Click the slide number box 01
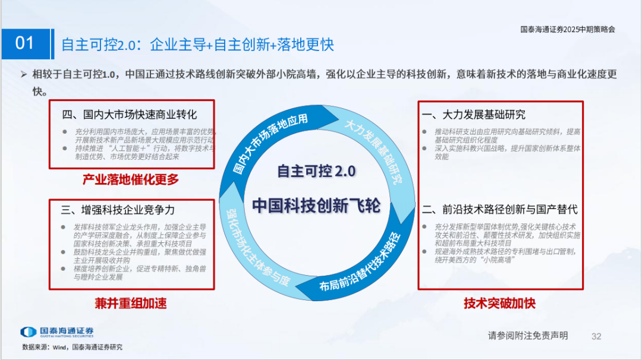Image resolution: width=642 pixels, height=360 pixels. [x=25, y=43]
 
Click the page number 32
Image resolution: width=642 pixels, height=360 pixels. [x=597, y=336]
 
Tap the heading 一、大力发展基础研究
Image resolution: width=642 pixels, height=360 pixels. [x=474, y=114]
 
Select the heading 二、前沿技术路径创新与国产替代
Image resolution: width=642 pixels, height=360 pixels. [x=499, y=209]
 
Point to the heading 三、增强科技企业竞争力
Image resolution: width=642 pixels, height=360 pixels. [x=118, y=210]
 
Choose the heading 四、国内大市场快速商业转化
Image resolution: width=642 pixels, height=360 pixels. [x=130, y=114]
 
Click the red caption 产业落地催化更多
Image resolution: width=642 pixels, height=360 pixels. [x=131, y=179]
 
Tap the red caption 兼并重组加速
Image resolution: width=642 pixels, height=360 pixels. [x=131, y=303]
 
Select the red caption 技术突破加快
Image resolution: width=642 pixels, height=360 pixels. [x=499, y=303]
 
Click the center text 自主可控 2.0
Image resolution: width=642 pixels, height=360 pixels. [x=316, y=171]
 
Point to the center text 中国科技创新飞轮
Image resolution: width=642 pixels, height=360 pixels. [x=316, y=205]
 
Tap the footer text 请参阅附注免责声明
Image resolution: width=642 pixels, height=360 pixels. [x=528, y=336]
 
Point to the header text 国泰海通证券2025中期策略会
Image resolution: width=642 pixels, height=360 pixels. [x=568, y=29]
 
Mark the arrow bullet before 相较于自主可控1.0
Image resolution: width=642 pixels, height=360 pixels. [x=24, y=74]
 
